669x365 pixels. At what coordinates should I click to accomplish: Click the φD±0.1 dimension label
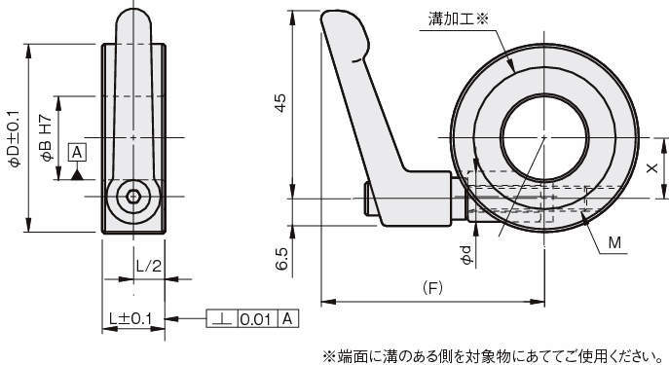tap(14, 138)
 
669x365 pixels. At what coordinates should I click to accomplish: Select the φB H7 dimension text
tap(46, 138)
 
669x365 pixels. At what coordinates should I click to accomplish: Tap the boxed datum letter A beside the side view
tap(77, 152)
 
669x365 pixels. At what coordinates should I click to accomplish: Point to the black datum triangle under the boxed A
tap(77, 174)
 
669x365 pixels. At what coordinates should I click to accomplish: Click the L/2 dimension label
tap(149, 266)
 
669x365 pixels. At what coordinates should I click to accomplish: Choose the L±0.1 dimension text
tap(130, 318)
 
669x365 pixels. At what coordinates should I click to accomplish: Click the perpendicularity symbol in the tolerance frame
tap(222, 318)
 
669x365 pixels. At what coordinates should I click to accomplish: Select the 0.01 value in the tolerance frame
tap(256, 319)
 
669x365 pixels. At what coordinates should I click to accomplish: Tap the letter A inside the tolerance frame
tap(288, 318)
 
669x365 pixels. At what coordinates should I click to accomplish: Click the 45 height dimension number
tap(280, 103)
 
